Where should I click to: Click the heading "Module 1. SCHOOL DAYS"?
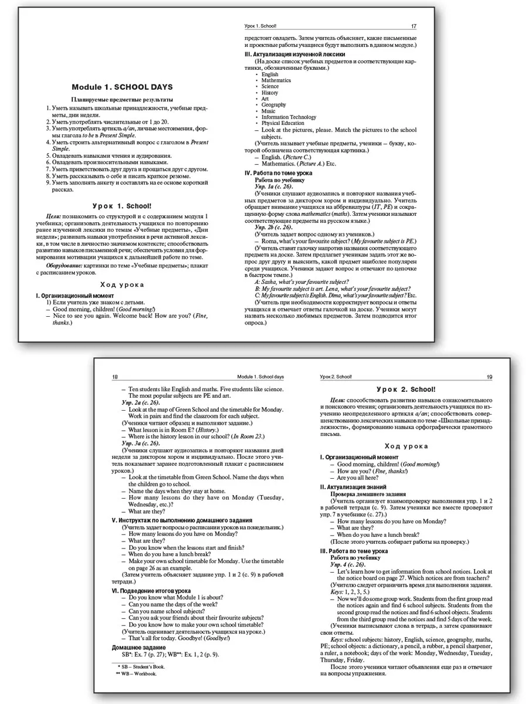pyautogui.click(x=122, y=87)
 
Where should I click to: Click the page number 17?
pyautogui.click(x=414, y=26)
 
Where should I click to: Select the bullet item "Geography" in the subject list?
pyautogui.click(x=273, y=105)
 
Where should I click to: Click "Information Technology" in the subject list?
pyautogui.click(x=289, y=117)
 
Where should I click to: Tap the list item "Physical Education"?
pyautogui.click(x=283, y=123)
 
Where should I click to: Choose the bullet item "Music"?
pyautogui.click(x=268, y=111)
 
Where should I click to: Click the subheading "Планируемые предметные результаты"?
pyautogui.click(x=122, y=100)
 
